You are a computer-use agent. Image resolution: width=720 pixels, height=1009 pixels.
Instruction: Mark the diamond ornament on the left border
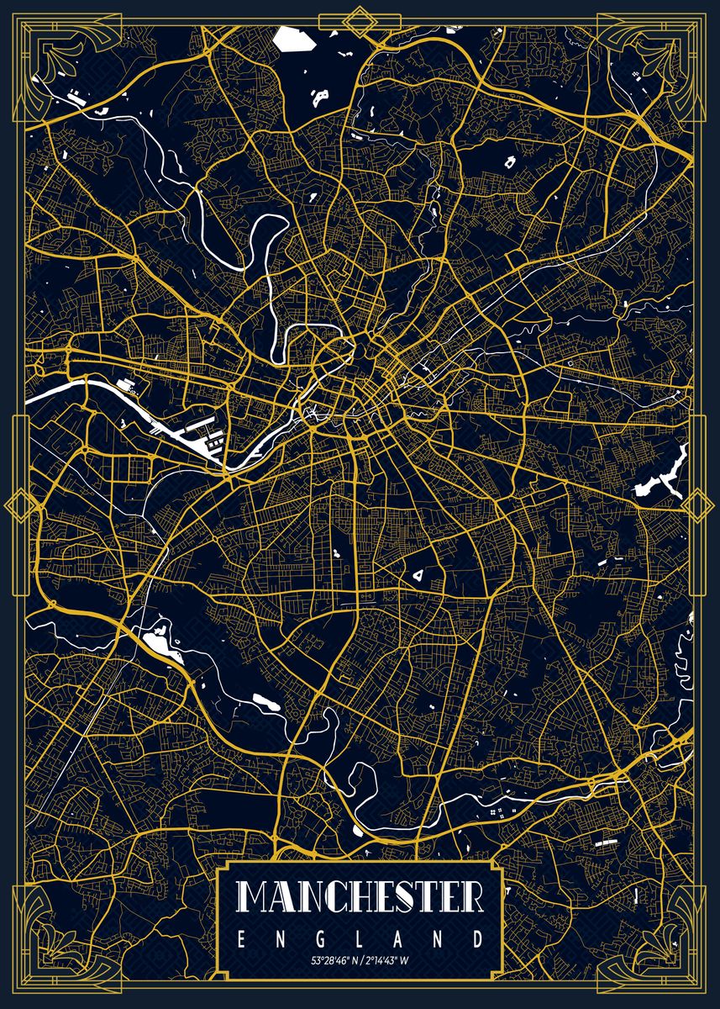(x=18, y=504)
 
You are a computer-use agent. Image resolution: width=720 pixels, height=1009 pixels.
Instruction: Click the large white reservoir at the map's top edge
(x=292, y=39)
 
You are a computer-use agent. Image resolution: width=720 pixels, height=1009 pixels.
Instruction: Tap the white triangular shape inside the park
(x=417, y=576)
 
